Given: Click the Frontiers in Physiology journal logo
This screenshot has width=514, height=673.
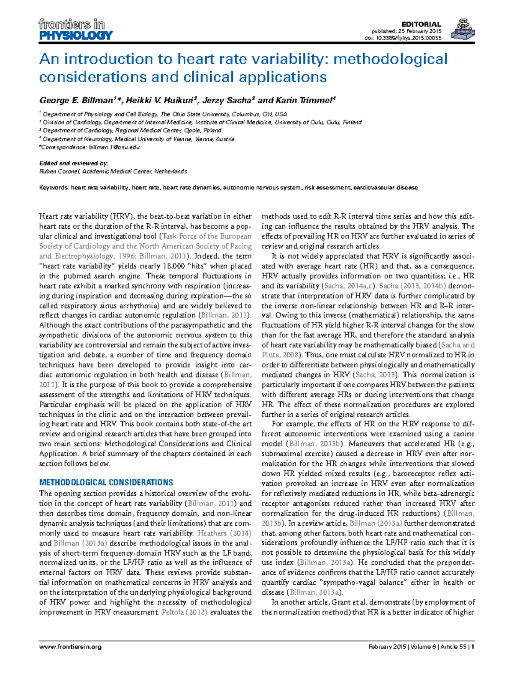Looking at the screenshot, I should point(75,29).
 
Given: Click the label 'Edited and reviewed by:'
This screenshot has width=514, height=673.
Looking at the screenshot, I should point(74,163).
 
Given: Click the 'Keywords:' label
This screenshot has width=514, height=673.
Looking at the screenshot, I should point(54,188).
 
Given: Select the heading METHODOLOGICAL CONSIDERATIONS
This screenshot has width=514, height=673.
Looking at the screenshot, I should point(106,482).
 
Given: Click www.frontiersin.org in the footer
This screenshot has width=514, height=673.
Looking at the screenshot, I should point(70,647).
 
